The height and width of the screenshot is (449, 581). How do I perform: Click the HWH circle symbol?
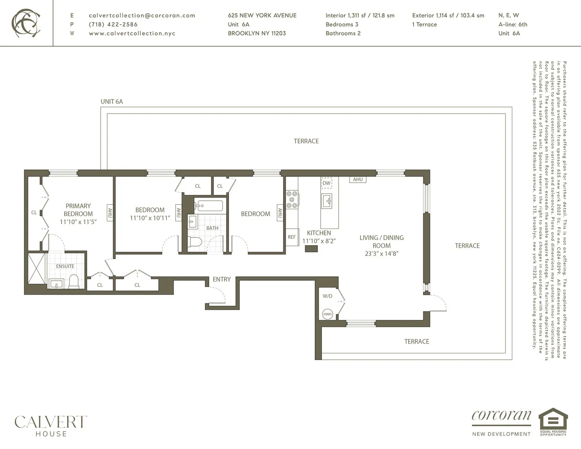[x=327, y=314]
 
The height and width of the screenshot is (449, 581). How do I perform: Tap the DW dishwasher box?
[x=326, y=183]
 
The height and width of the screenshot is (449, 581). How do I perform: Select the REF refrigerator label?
[x=292, y=237]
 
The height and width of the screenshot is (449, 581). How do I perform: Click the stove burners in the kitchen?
[x=292, y=199]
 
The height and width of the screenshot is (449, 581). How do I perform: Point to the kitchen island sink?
[x=327, y=201]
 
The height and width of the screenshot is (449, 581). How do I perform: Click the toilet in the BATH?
[x=195, y=242]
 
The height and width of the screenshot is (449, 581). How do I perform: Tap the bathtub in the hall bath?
[x=208, y=206]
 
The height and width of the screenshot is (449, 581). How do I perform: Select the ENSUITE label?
[x=65, y=266]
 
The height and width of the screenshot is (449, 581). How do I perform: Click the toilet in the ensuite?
[x=74, y=282]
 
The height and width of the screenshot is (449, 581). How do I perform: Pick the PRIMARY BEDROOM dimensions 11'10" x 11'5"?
[x=78, y=222]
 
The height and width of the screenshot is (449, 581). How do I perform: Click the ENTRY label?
[x=222, y=279]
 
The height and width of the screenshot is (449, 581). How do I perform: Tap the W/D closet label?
[x=327, y=296]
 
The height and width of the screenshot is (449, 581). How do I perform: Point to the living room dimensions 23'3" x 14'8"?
[x=382, y=254]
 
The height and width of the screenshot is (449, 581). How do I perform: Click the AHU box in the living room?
[x=358, y=180]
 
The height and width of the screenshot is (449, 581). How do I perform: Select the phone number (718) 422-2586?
[x=113, y=24]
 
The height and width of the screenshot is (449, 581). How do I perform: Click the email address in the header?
[x=142, y=16]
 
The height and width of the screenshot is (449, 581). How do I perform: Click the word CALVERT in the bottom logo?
[x=51, y=422]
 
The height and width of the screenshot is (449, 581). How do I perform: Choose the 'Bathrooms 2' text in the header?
[x=343, y=33]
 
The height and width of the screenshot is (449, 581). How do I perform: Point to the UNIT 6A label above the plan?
[x=111, y=101]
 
